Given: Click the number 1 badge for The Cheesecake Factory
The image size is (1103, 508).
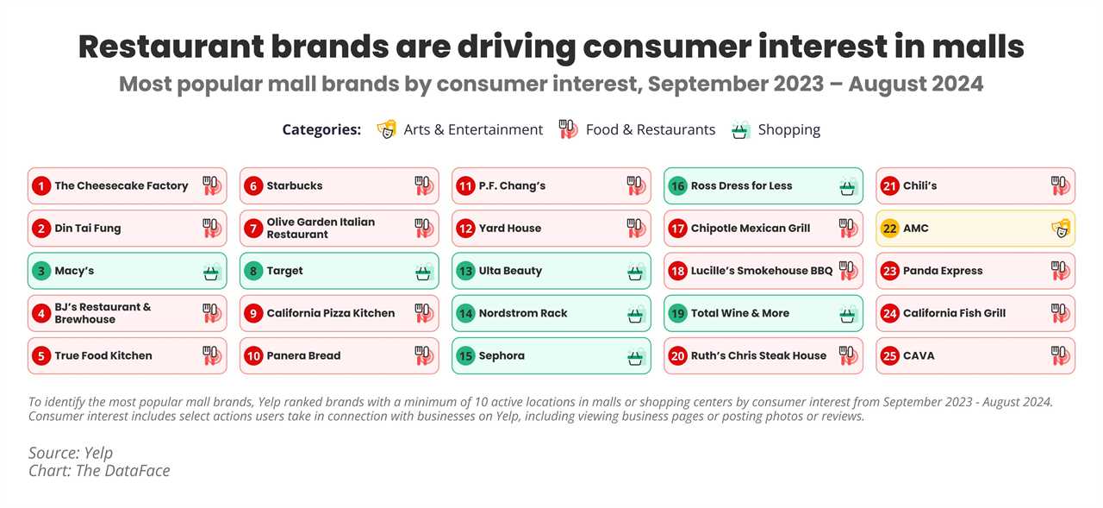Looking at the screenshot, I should coord(41,185).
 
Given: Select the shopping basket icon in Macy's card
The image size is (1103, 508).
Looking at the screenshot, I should coord(211,272).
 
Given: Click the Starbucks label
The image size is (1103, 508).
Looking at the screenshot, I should coord(295,185).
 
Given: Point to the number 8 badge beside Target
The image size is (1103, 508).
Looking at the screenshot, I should coord(253,271).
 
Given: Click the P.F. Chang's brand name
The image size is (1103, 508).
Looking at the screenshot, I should coord(512,185).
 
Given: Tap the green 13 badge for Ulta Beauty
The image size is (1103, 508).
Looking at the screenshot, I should coord(465,271).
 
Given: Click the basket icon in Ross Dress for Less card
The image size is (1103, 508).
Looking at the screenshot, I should coord(847,186).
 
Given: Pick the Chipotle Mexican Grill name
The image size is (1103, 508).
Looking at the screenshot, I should coord(751,229).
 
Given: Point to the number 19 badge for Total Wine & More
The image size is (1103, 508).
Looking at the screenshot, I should coord(677,313).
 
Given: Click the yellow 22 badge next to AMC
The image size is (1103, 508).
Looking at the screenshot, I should coord(889,229).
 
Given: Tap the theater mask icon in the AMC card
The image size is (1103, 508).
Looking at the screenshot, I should coord(1059,229).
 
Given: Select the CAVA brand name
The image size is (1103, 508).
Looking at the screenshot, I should coord(919,355).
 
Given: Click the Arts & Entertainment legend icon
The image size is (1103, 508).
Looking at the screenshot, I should coord(387,129).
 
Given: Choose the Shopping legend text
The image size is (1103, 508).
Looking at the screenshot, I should coord(788,129).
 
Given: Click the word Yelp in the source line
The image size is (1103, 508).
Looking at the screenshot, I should coord(96,453).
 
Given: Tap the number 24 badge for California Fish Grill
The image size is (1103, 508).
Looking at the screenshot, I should coord(889,313).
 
